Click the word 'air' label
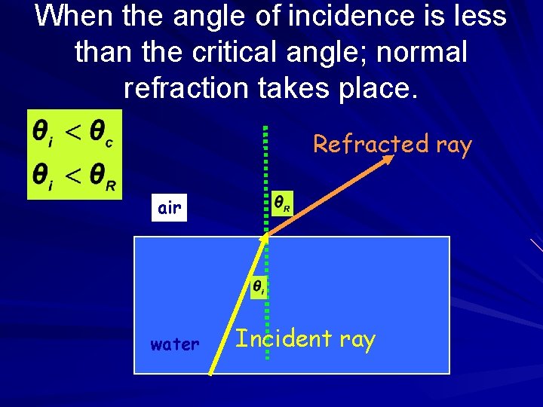[170, 208]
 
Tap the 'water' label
[174, 345]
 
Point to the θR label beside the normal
[281, 204]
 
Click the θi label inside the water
[258, 287]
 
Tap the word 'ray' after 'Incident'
[357, 340]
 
